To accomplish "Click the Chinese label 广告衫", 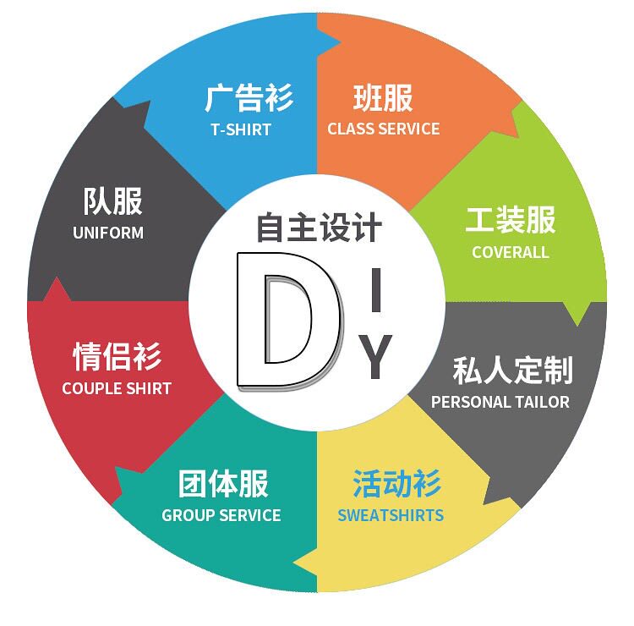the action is pos(249,98).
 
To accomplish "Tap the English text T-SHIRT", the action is pos(241,129).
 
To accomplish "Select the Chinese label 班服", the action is pos(383,98).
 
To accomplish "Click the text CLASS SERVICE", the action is pos(384,129).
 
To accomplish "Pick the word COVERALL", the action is pos(511,252).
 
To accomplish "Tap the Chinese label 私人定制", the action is pos(512,370).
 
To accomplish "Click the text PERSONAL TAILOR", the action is pos(500,402).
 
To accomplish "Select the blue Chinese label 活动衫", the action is pos(396,485).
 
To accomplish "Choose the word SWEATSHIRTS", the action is pos(391,515).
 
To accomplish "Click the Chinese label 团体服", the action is pos(223,485).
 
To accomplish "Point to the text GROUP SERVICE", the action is pos(221,515).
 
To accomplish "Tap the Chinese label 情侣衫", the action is pos(117,356).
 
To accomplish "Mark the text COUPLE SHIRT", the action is pos(117,389).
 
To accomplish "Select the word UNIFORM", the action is pos(108,233).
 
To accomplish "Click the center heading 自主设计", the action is pos(320,228).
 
